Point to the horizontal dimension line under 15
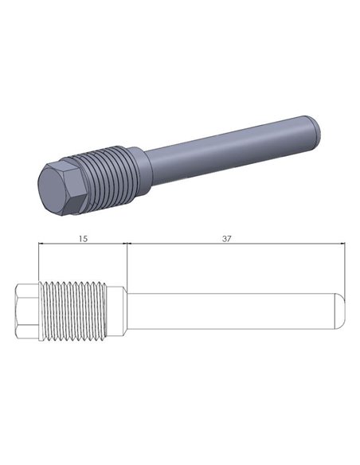point(84,246)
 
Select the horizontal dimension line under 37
point(237,246)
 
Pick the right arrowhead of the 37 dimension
point(342,246)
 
